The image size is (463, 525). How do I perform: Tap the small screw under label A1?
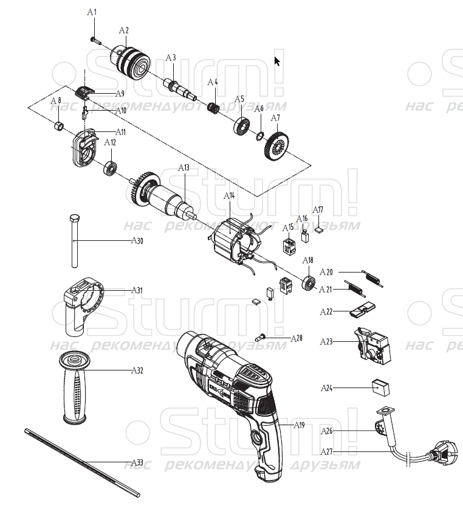coord(95,41)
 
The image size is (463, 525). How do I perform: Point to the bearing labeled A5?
coord(242,127)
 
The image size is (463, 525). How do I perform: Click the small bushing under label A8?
coord(59,127)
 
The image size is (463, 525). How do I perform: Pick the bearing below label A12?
coord(110,168)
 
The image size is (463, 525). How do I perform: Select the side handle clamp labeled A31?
coord(83,305)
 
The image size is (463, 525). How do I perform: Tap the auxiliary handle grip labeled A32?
coord(74,388)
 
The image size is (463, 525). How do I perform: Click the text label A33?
coord(137,462)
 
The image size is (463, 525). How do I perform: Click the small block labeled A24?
coord(381,388)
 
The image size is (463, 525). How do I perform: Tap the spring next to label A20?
coord(372,278)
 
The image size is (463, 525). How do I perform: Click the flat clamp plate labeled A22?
coord(362,310)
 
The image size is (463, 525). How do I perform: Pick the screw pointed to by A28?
coord(260,337)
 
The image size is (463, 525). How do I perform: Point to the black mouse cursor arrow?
coord(277,61)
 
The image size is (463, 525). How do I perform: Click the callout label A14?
coord(229,196)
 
